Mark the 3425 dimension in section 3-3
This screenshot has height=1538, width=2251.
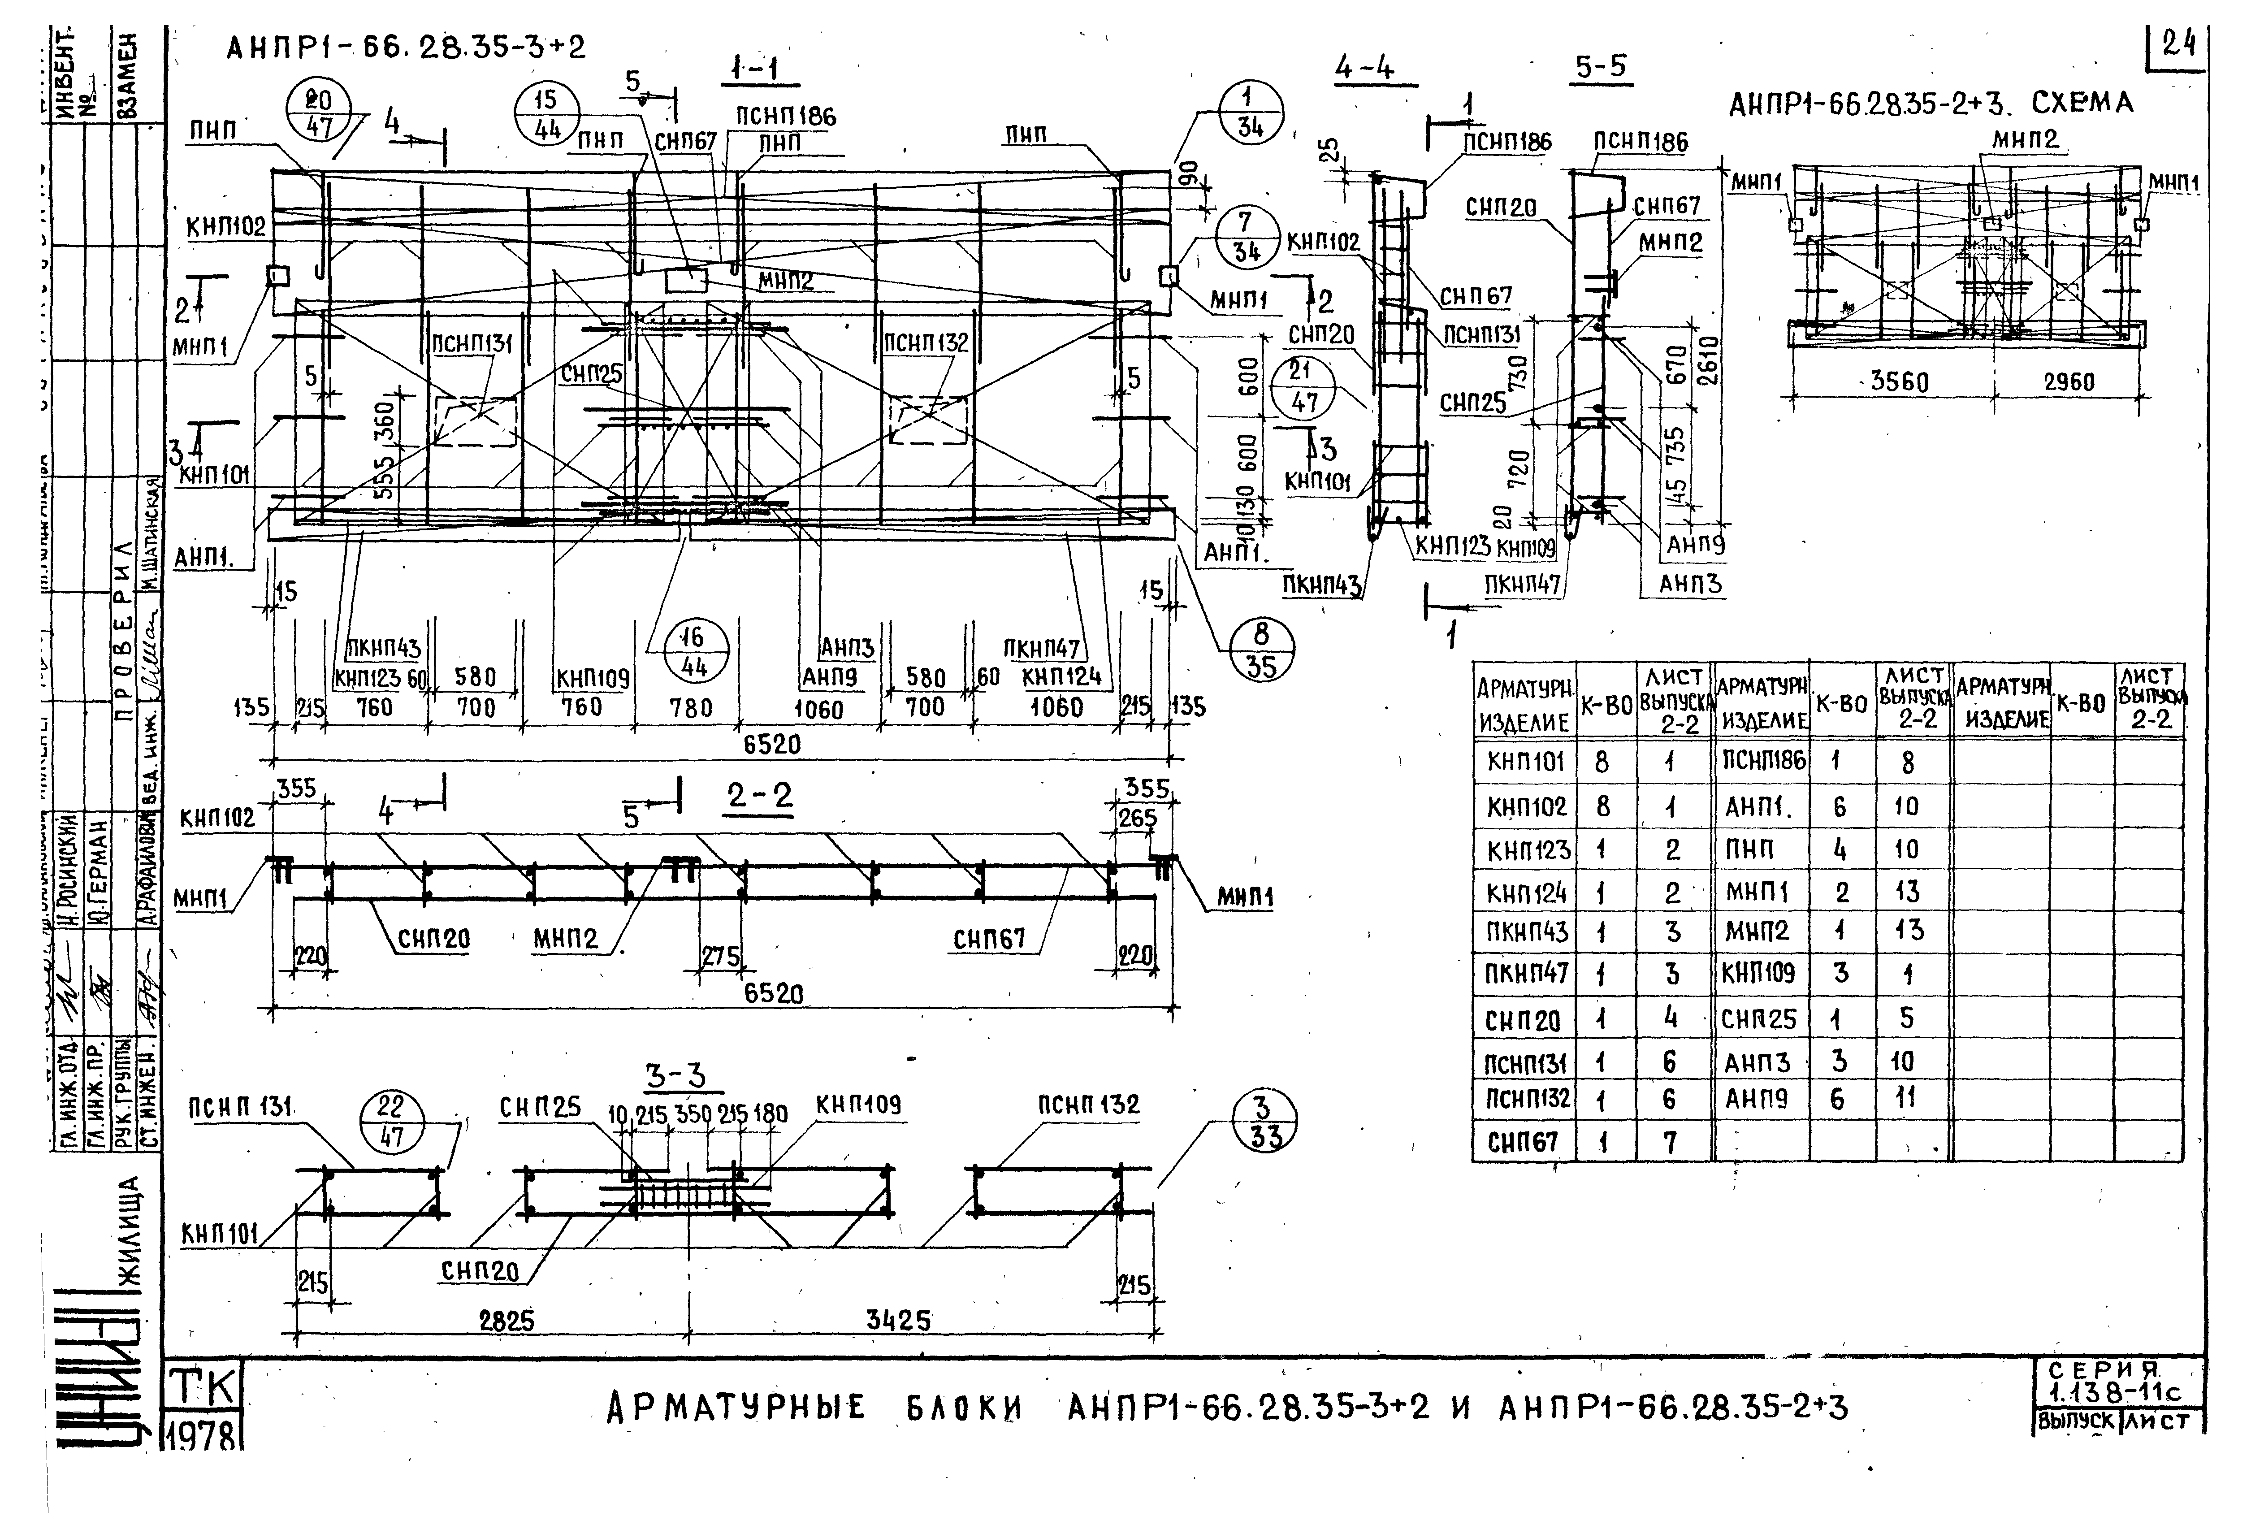point(898,1320)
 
